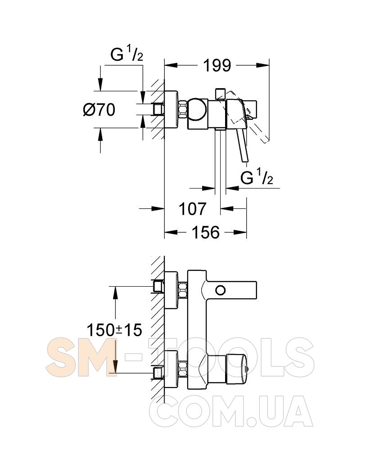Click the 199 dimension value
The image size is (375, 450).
(x=217, y=65)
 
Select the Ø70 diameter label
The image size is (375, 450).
(x=99, y=110)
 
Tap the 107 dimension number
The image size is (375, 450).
(x=192, y=209)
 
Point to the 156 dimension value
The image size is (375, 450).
(x=206, y=232)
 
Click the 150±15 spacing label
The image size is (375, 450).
(x=114, y=330)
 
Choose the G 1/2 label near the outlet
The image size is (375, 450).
(x=257, y=178)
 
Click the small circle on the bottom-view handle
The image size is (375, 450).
(x=221, y=290)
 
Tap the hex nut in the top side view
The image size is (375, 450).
(x=183, y=110)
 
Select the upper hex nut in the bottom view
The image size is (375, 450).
(x=183, y=290)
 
